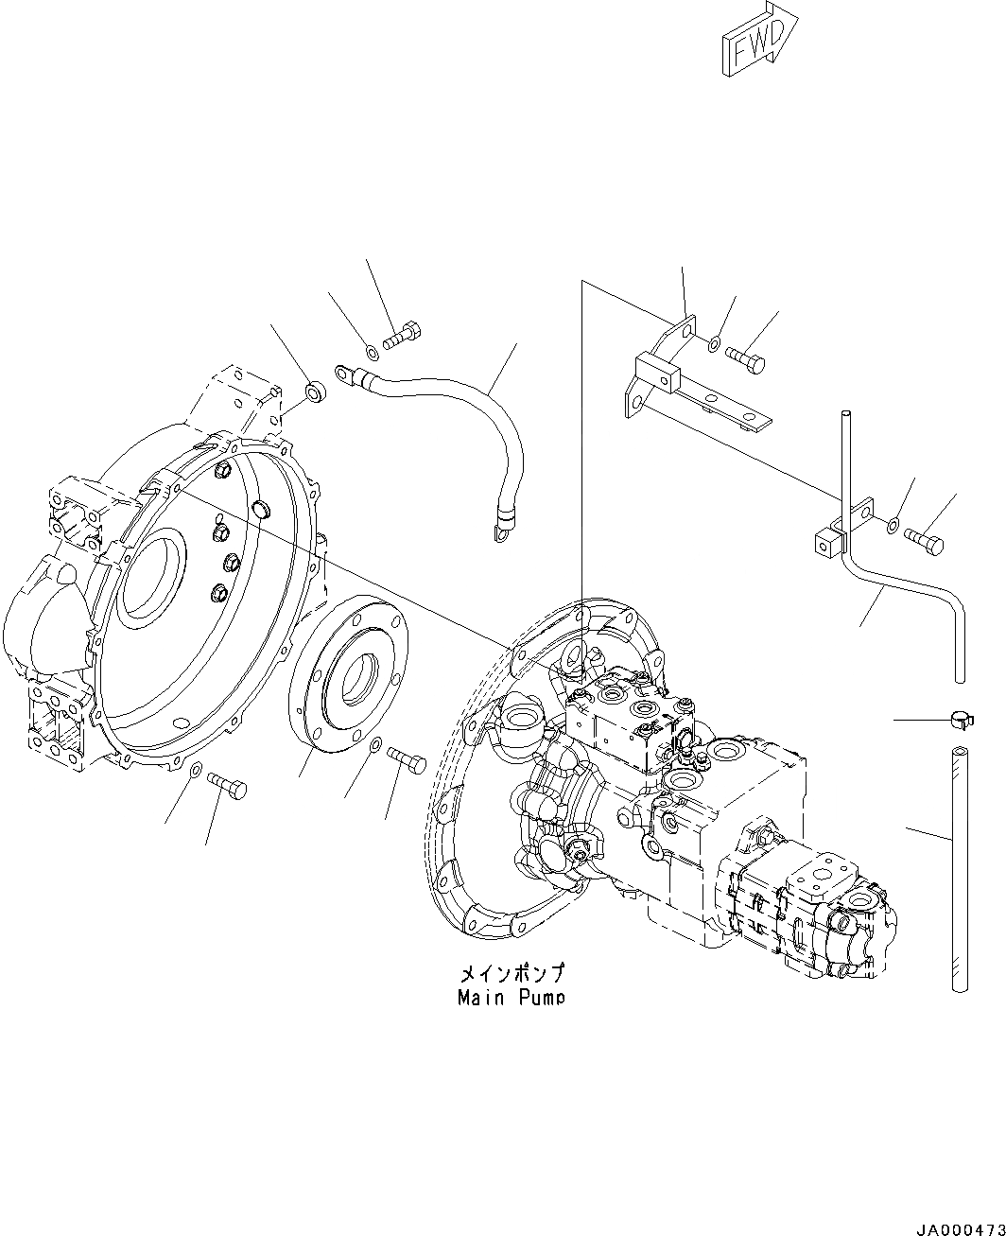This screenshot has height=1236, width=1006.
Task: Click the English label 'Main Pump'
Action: (511, 997)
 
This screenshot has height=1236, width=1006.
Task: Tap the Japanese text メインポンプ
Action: (511, 973)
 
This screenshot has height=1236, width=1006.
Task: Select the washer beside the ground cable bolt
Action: (373, 353)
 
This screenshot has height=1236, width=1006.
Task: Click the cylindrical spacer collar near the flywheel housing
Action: (314, 391)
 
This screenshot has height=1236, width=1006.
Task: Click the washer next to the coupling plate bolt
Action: (375, 748)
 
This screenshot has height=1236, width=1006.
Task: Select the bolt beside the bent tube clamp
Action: (924, 539)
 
